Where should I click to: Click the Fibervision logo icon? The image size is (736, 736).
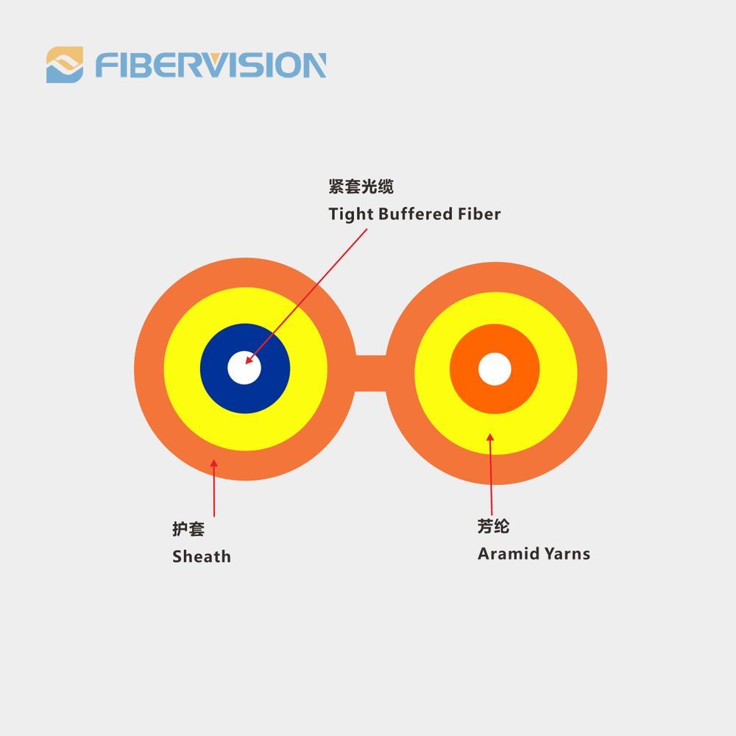point(65,65)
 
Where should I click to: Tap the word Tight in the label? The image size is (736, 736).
point(351,214)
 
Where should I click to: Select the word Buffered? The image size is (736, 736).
point(416,214)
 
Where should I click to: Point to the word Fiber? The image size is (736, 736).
point(479,214)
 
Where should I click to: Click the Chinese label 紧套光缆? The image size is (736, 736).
point(361,187)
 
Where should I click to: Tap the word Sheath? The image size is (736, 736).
point(201,556)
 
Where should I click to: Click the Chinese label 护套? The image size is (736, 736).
point(188,529)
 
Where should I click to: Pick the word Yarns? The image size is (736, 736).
point(567,553)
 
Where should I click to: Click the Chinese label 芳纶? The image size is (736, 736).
point(493,527)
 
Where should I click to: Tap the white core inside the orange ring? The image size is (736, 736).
point(495,369)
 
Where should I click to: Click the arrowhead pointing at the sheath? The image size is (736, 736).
point(213,463)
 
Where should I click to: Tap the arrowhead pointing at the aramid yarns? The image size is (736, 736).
point(490,438)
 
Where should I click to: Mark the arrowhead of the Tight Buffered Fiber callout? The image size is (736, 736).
point(249,361)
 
